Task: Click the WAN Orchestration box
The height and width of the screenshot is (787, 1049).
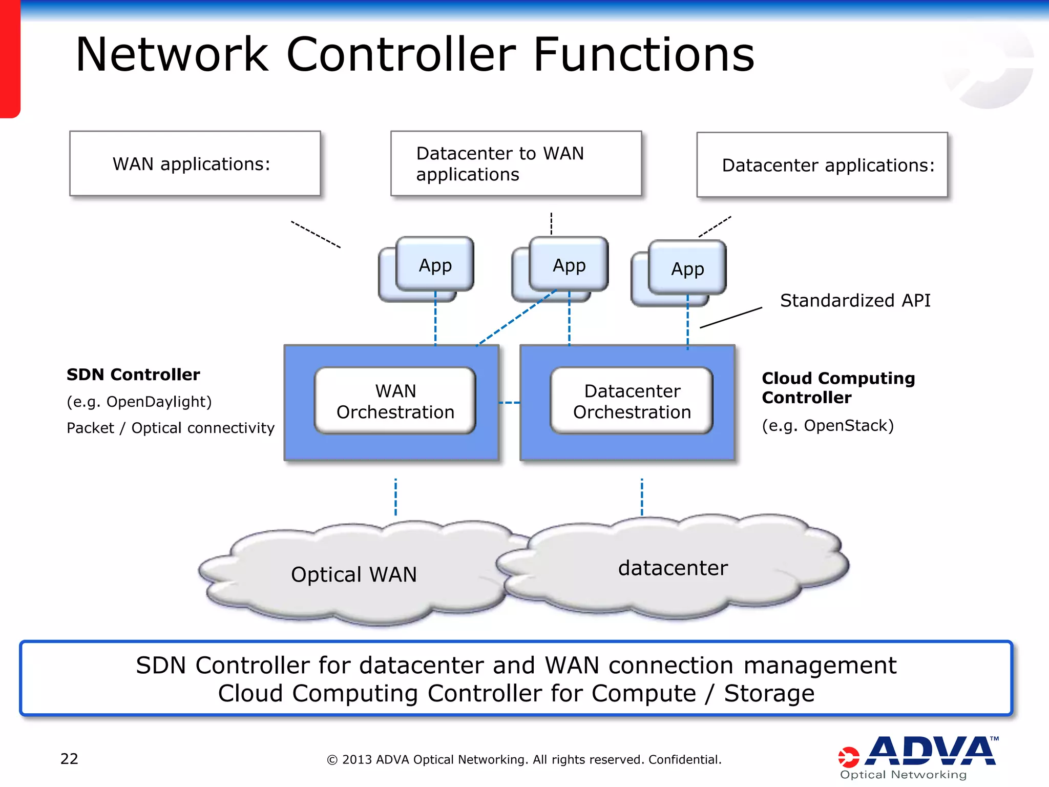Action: pyautogui.click(x=395, y=401)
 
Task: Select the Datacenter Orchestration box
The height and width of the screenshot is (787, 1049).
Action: pyautogui.click(x=632, y=401)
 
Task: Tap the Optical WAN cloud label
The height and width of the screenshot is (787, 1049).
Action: pyautogui.click(x=353, y=574)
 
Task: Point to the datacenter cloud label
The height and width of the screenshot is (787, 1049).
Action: pyautogui.click(x=673, y=568)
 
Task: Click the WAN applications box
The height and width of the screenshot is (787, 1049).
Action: pyautogui.click(x=195, y=163)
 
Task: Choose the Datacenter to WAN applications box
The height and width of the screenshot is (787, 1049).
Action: pyautogui.click(x=515, y=163)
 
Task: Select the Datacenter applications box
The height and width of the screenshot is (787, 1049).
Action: pyautogui.click(x=822, y=165)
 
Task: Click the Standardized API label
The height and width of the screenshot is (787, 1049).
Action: pyautogui.click(x=855, y=300)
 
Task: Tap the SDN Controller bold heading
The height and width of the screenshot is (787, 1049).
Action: pyautogui.click(x=133, y=375)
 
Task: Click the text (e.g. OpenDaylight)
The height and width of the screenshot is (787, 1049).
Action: pyautogui.click(x=139, y=402)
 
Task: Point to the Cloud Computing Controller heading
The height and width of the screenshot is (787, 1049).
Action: pyautogui.click(x=838, y=387)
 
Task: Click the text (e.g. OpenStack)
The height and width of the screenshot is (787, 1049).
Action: pyautogui.click(x=828, y=425)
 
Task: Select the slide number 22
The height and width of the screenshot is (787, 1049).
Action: pyautogui.click(x=69, y=759)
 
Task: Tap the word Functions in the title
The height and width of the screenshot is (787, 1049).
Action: pyautogui.click(x=643, y=54)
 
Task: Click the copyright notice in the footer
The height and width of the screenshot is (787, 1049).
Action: pyautogui.click(x=524, y=759)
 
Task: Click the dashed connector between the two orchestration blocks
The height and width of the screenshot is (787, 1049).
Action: pyautogui.click(x=509, y=403)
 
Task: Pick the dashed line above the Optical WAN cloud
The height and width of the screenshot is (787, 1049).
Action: pyautogui.click(x=395, y=497)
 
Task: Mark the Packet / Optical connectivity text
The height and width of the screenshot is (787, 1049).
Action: pyautogui.click(x=171, y=428)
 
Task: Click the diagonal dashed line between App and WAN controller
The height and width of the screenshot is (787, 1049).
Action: pyautogui.click(x=516, y=318)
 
